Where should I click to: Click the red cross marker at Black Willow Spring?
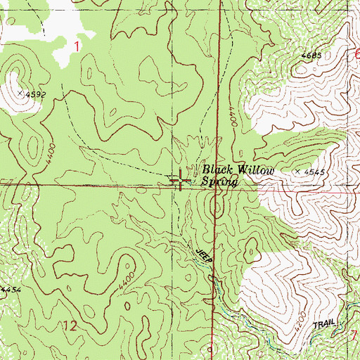coord(181,181)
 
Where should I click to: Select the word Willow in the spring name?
coord(253,170)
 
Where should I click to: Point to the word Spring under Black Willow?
coord(219,181)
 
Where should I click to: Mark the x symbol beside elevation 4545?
coord(298,171)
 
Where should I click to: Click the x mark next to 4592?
coord(20,92)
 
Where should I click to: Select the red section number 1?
coord(77,46)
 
